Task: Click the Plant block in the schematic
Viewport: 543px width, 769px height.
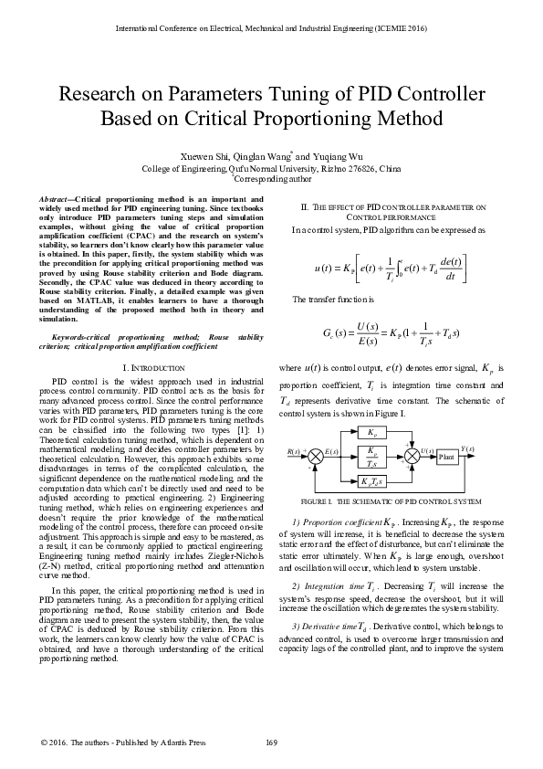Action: click(446, 456)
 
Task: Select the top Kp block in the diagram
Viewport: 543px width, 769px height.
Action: click(372, 433)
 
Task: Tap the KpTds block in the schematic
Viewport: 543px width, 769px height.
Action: click(372, 481)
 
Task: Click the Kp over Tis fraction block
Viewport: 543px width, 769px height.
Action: click(372, 456)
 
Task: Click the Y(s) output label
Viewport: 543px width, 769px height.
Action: click(467, 449)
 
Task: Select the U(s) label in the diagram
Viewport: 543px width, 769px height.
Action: click(426, 450)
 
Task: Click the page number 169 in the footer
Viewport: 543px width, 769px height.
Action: click(271, 741)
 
